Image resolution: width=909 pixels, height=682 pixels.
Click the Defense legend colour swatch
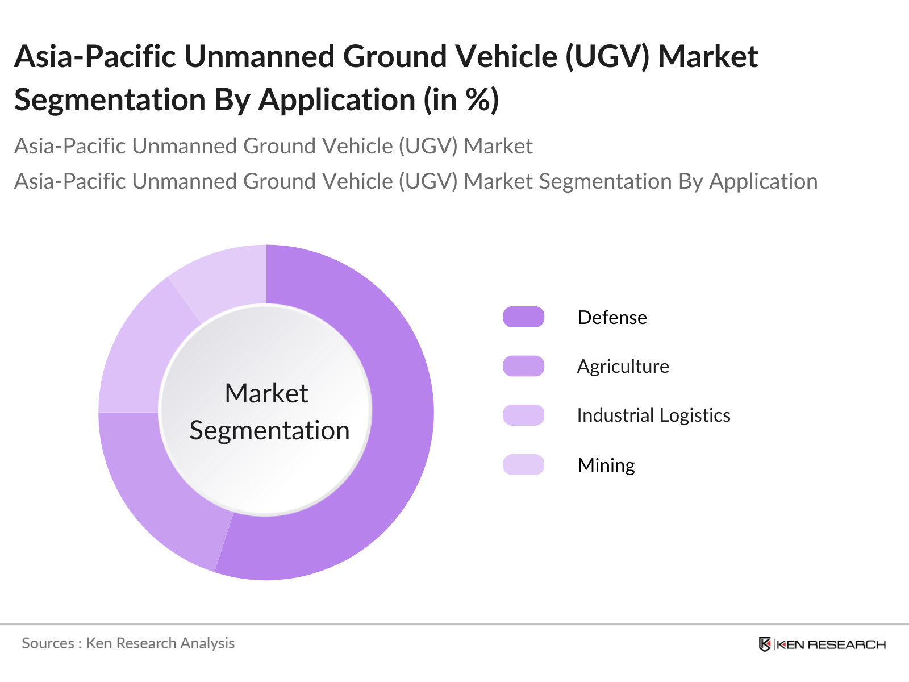tap(523, 317)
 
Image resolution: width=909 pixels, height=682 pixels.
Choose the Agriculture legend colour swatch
tap(523, 366)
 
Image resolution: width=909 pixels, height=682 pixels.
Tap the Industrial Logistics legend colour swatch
tap(523, 415)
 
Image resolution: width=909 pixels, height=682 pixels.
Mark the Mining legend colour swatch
tap(523, 464)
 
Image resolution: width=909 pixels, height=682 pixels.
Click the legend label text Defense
tap(612, 318)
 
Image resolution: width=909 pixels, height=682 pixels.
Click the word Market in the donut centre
tap(266, 393)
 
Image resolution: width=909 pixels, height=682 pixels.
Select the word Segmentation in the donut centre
tap(270, 431)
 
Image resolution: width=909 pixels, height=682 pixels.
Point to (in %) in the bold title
tap(461, 100)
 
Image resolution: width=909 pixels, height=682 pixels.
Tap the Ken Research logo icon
tap(765, 644)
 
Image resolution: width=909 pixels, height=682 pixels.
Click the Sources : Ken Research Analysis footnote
tap(128, 643)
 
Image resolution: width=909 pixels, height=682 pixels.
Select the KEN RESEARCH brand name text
tap(831, 644)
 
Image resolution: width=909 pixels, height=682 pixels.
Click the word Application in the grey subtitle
tap(763, 182)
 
